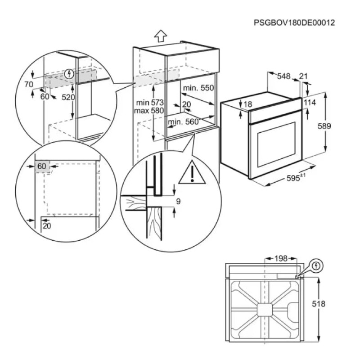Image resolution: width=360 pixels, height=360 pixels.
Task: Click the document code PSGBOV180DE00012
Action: (x=294, y=22)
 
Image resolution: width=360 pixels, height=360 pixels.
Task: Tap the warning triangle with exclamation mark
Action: (x=192, y=173)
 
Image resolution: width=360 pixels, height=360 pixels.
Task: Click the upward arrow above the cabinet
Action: (x=160, y=36)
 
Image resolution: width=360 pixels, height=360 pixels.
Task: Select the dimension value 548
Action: (x=283, y=76)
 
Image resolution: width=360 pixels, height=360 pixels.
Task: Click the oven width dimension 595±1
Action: (x=296, y=178)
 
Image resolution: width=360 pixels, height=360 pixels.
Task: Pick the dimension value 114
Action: (x=310, y=103)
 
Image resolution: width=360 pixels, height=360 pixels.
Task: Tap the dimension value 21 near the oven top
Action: (x=303, y=76)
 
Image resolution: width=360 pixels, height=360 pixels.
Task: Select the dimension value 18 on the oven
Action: (x=247, y=104)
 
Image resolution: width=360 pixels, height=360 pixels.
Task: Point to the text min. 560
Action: (x=183, y=121)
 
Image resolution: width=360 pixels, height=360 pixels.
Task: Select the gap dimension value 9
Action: (x=178, y=202)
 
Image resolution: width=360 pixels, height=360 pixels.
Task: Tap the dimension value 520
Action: (x=67, y=97)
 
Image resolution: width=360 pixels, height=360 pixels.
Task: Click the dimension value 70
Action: (x=29, y=84)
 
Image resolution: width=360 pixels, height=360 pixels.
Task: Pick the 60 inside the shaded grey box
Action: (x=42, y=166)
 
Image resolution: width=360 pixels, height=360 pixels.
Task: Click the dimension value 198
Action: (x=281, y=259)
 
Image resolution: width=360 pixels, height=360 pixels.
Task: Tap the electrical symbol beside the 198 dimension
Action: (x=317, y=266)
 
